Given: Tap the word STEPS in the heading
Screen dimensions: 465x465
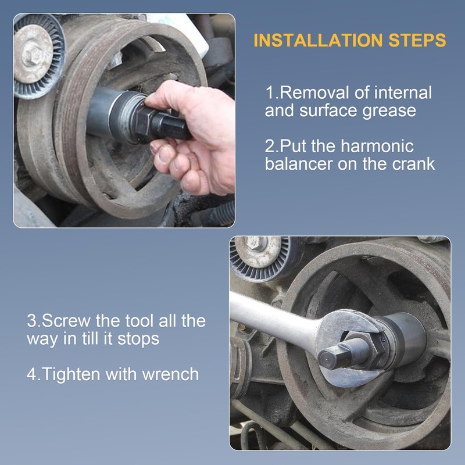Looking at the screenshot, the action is click(417, 40).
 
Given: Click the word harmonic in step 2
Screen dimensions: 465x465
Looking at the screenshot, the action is click(377, 146).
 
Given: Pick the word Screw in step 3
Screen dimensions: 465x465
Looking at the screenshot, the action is click(66, 321).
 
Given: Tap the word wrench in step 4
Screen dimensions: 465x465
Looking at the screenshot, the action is click(170, 374).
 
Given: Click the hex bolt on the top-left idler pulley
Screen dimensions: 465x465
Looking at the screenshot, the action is click(32, 55).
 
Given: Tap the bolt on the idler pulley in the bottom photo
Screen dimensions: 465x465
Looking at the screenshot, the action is click(257, 243).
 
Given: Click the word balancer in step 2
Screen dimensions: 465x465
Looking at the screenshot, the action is click(299, 164).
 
